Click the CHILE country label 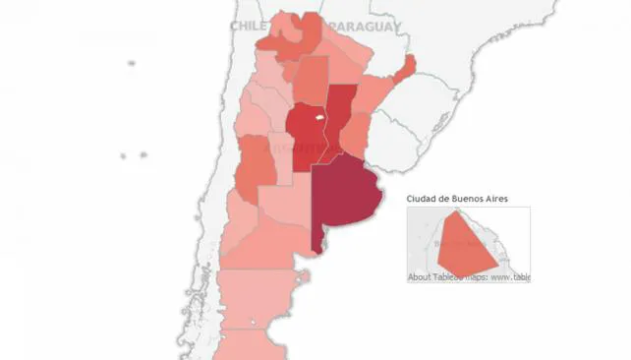(249, 27)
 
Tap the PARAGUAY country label (365, 27)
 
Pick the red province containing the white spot (305, 138)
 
